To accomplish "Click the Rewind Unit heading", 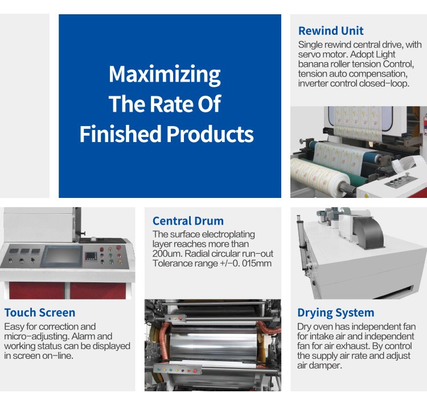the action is click(x=331, y=31).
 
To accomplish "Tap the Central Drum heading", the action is click(x=188, y=221).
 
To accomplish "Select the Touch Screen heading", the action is click(x=40, y=313).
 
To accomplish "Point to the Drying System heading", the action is click(x=336, y=313).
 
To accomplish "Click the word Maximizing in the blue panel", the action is click(x=165, y=74).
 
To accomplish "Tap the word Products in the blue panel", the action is click(x=210, y=133).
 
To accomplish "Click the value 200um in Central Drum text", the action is click(x=167, y=254).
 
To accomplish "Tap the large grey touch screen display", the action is click(x=61, y=256).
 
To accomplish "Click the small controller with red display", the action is click(x=91, y=256).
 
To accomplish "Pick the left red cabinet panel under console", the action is click(x=37, y=290).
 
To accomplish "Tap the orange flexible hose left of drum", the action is click(x=163, y=338).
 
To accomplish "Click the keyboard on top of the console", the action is click(x=102, y=241).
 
